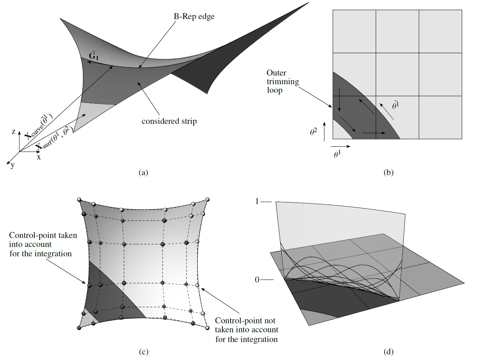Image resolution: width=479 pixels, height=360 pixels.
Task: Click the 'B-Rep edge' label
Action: pos(194,16)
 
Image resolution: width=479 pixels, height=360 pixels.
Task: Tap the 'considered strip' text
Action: pos(169,121)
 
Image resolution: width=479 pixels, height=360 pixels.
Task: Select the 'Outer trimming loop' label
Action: pos(283,81)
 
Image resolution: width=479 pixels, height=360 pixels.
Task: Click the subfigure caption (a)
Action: pos(143,173)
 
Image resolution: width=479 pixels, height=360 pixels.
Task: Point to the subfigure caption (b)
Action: pos(388,173)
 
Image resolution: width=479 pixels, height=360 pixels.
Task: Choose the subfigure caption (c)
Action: pos(143,352)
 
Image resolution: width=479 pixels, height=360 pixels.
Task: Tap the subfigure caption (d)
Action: pos(388,352)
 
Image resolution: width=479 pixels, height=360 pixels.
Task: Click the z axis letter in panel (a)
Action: pos(13,132)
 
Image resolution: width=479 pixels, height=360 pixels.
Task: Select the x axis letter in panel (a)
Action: pos(39,157)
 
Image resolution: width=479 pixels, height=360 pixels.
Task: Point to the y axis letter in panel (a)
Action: pos(13,165)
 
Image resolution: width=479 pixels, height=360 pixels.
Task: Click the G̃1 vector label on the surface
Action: pos(94,56)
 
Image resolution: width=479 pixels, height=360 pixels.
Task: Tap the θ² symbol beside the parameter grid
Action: pos(313,132)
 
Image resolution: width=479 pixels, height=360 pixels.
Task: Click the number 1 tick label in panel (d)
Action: pos(257,201)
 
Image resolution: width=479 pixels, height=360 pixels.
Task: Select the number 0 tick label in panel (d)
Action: pos(257,280)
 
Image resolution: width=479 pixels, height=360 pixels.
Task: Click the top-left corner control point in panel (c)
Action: pos(79,199)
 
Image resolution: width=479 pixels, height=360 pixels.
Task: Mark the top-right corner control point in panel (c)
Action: pos(207,199)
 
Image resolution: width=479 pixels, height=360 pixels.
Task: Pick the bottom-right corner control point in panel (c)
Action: pos(207,328)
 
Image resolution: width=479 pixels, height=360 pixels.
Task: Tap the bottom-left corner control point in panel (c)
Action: pos(79,328)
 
